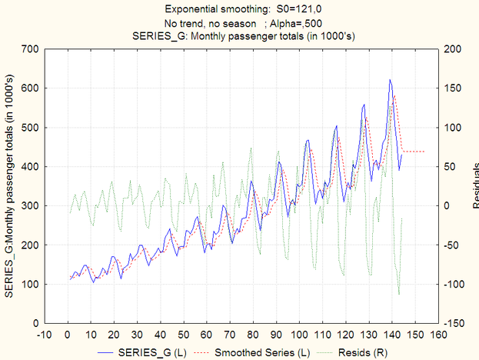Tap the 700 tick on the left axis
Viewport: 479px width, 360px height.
pos(29,49)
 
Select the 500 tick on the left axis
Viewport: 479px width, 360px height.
pos(29,128)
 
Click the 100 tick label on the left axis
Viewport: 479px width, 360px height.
pos(29,285)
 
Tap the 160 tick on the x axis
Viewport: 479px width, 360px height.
pos(438,335)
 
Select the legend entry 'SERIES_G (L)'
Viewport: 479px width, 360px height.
pos(152,352)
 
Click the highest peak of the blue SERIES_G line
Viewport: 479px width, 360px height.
pos(390,80)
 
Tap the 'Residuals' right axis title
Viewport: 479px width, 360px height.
pos(474,185)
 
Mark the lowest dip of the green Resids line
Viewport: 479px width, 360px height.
pos(399,295)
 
